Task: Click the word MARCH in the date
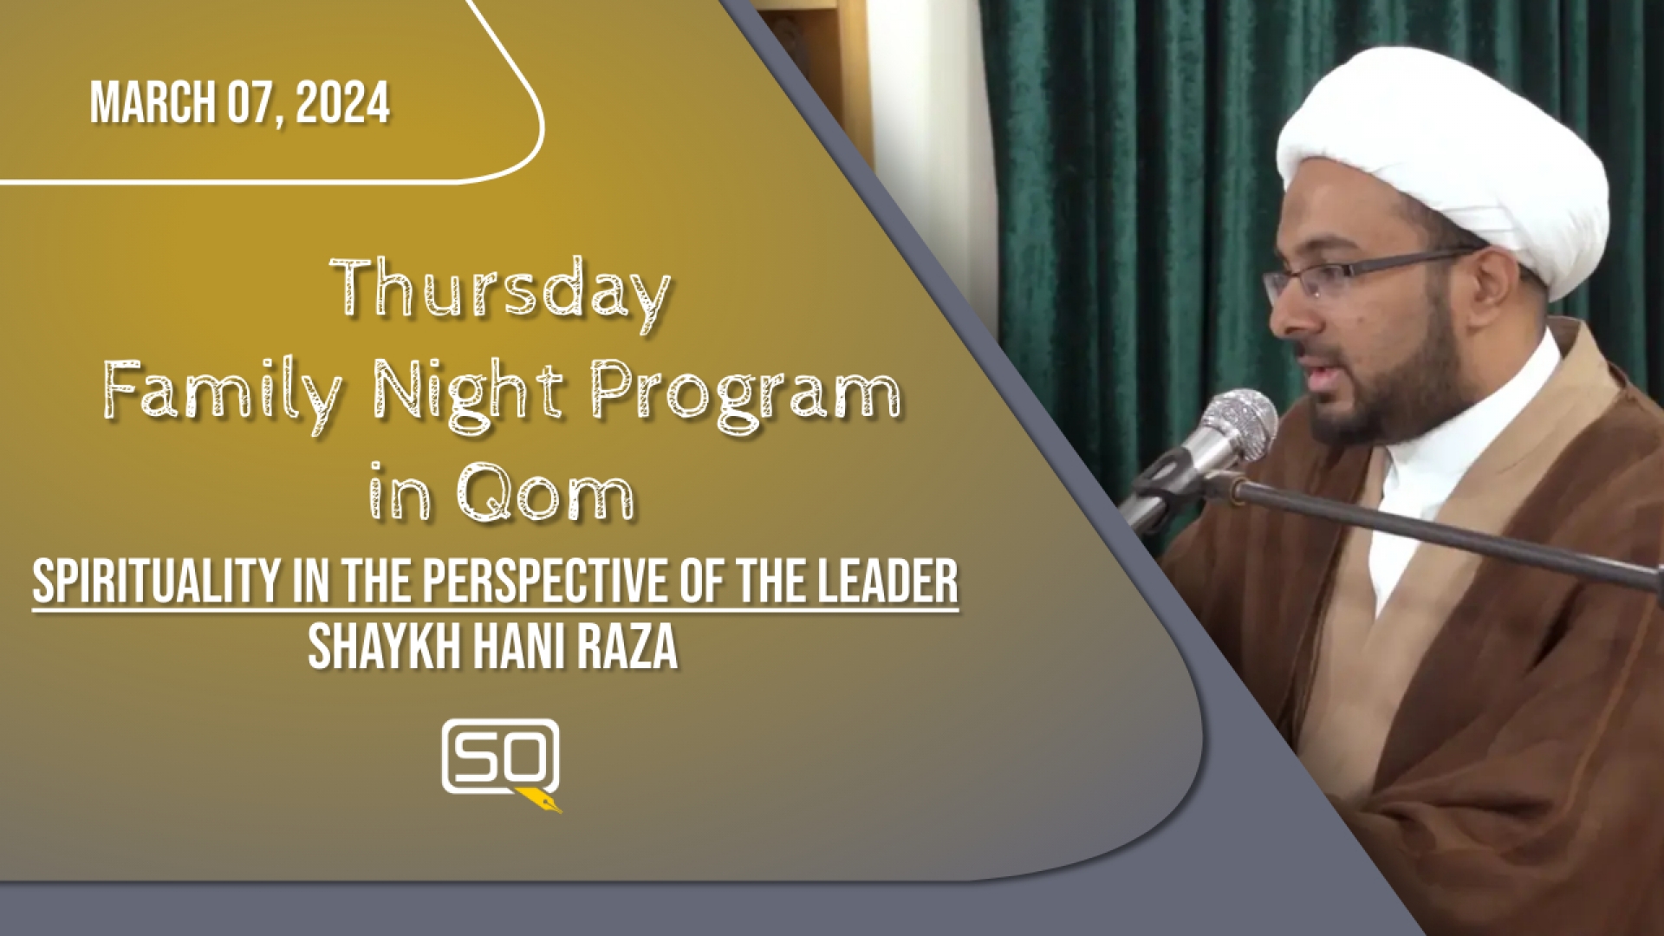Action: tap(153, 104)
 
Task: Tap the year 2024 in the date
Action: tap(342, 104)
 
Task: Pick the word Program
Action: tap(745, 398)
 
